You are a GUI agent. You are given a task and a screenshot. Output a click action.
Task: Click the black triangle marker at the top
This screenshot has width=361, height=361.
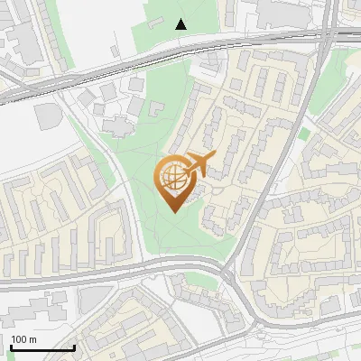click(181, 23)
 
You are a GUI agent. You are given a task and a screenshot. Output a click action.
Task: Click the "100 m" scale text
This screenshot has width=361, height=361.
click(23, 338)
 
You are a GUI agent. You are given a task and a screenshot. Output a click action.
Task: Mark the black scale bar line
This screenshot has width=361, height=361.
click(42, 347)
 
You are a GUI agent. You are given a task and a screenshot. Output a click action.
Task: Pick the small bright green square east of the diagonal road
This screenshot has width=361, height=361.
click(304, 134)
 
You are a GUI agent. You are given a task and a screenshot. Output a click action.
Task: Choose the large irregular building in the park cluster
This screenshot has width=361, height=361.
click(117, 124)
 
